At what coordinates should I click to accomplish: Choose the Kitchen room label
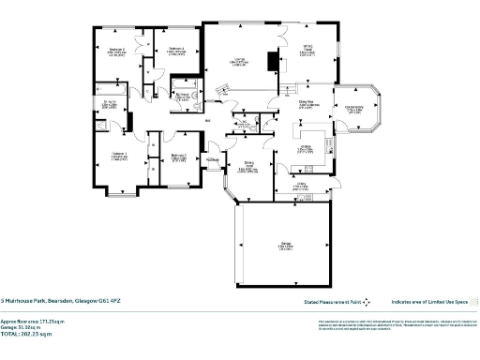[x=306, y=147]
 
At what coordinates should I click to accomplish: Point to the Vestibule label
[x=214, y=158]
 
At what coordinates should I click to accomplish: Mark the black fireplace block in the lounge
[x=272, y=62]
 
